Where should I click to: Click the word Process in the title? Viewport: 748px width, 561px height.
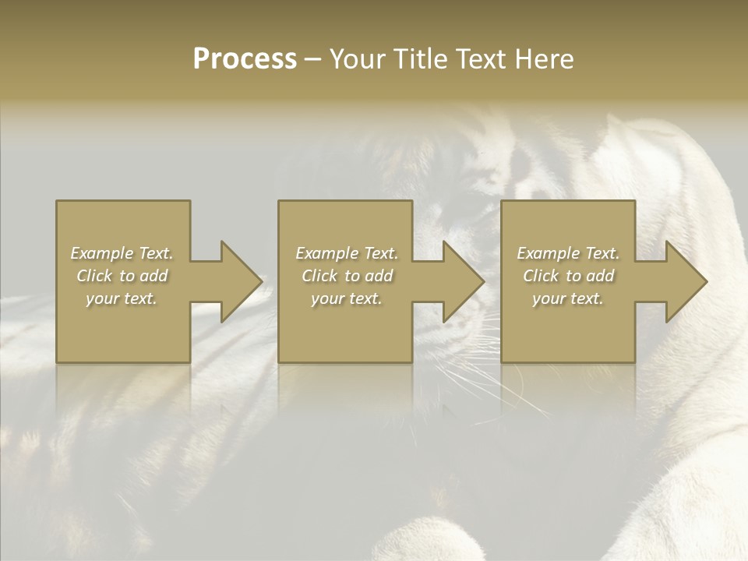click(245, 59)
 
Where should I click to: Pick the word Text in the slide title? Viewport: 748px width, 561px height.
click(482, 59)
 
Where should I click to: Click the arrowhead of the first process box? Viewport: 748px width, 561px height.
click(238, 281)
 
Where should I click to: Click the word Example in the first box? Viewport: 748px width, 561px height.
click(102, 253)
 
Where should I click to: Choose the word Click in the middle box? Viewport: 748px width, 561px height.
click(320, 276)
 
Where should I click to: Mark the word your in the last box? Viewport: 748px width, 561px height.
click(550, 298)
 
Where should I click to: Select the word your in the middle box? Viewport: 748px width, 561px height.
click(328, 298)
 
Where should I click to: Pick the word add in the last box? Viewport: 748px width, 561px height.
click(601, 276)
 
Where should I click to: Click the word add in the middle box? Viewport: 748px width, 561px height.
click(379, 276)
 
